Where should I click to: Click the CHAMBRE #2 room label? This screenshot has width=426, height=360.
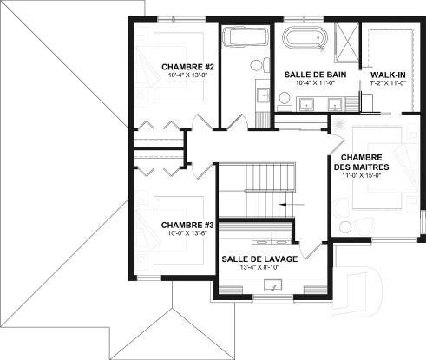coord(187,67)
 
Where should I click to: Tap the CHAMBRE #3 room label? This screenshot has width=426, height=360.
coord(187,225)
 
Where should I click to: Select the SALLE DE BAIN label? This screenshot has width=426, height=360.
coord(315,75)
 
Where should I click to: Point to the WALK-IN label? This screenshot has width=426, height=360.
coord(388,75)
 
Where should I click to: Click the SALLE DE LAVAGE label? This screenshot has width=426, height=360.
coord(259,259)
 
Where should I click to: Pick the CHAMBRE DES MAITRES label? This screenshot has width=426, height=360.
coord(362,162)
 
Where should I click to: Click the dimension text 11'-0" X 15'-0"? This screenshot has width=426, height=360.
coord(362,175)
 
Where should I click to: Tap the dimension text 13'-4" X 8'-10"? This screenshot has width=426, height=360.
coord(259,267)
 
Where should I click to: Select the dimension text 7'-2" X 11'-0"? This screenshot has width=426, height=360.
coord(388,83)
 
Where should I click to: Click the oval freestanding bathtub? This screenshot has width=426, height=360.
coord(305,38)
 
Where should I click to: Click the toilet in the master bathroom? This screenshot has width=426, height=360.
coord(285,101)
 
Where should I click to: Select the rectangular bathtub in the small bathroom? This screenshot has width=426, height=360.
coord(245,36)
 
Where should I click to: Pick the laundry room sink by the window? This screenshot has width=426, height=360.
coord(272,285)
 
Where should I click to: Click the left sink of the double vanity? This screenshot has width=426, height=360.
coord(306,104)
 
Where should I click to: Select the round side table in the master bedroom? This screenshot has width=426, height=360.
coord(344,227)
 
